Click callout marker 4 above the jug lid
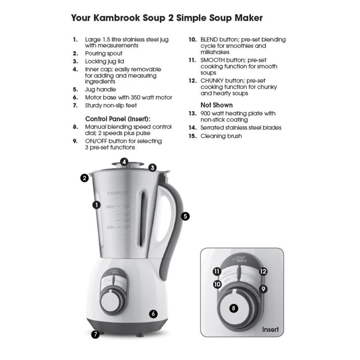(x=124, y=162)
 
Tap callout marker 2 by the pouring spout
(x=85, y=178)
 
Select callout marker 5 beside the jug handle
(x=185, y=216)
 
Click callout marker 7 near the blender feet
(x=95, y=334)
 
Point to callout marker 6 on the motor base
(x=153, y=314)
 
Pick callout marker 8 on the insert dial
(x=234, y=308)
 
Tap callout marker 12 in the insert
(x=263, y=271)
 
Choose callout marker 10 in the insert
(x=217, y=284)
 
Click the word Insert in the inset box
(x=270, y=329)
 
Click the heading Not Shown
(x=216, y=105)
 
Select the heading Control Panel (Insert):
(x=117, y=119)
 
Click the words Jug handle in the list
(x=100, y=90)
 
